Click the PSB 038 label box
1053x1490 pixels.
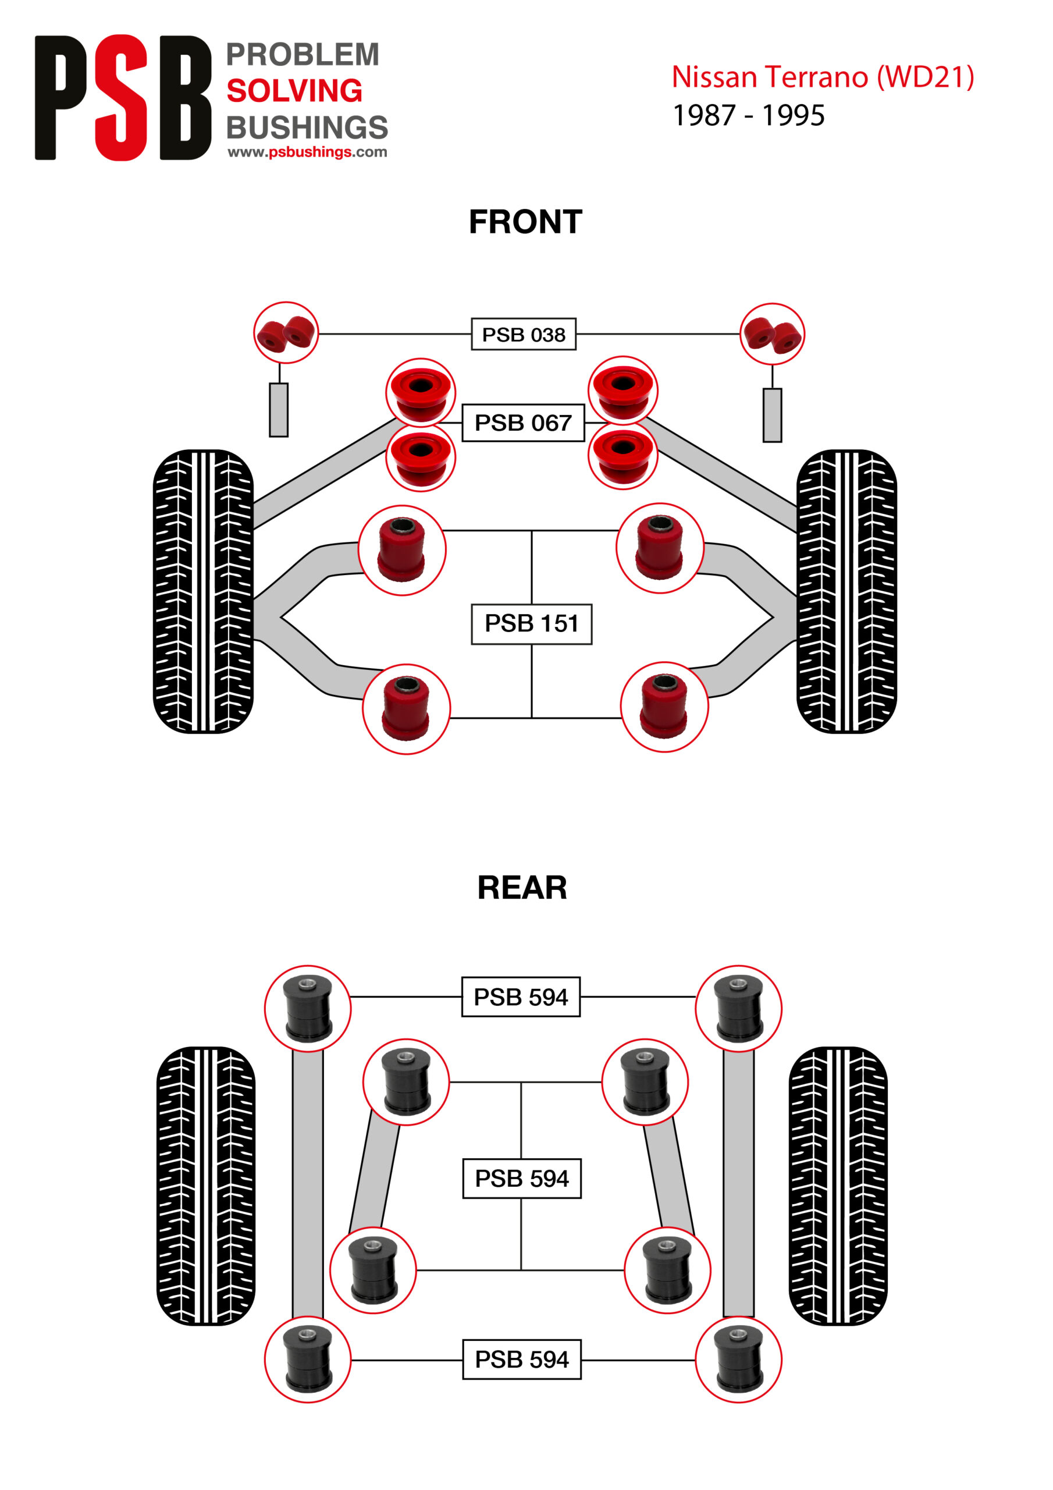[523, 334]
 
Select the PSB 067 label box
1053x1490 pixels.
[523, 423]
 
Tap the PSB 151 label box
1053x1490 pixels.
[531, 623]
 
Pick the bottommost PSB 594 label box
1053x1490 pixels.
[522, 1359]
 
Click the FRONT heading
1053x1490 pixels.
[525, 222]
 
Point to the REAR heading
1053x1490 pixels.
[522, 888]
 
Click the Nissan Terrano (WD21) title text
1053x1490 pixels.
[823, 77]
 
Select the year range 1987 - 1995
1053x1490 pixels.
[749, 115]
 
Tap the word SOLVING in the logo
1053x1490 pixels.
[294, 91]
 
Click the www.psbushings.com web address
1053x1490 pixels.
[307, 152]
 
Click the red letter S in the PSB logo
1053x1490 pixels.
[122, 97]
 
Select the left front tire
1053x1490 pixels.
[203, 591]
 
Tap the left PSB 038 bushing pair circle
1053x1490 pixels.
[286, 333]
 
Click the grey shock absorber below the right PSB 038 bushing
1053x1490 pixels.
[772, 416]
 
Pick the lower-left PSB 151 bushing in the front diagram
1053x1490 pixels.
[406, 709]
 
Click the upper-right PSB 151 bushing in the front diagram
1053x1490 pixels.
[660, 548]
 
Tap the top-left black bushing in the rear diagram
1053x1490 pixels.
[308, 1009]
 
